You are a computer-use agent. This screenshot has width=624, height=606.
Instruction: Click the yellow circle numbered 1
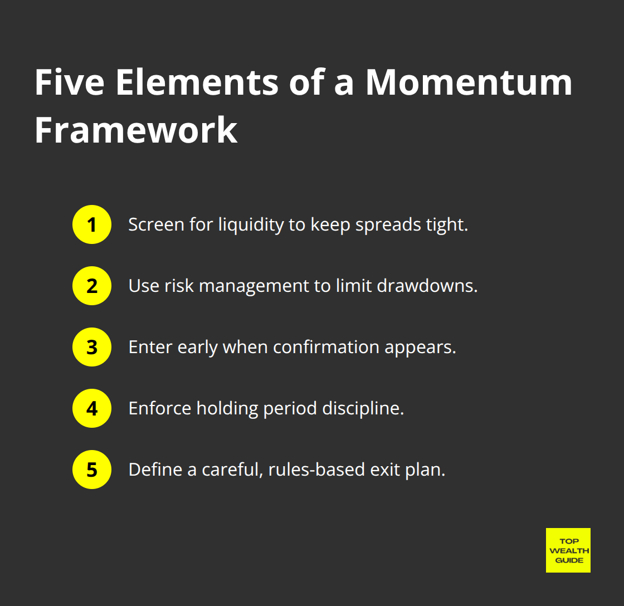coord(92,224)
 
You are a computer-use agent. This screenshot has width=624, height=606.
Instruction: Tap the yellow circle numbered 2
coord(92,286)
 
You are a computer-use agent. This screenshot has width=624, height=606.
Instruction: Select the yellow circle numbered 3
coord(92,347)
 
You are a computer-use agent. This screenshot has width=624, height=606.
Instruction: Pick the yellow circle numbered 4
coord(92,408)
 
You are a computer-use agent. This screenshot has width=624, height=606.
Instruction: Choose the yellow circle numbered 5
coord(92,470)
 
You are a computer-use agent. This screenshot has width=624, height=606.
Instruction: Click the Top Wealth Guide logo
coord(568,550)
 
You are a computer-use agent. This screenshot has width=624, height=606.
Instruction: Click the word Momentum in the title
coord(469,82)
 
